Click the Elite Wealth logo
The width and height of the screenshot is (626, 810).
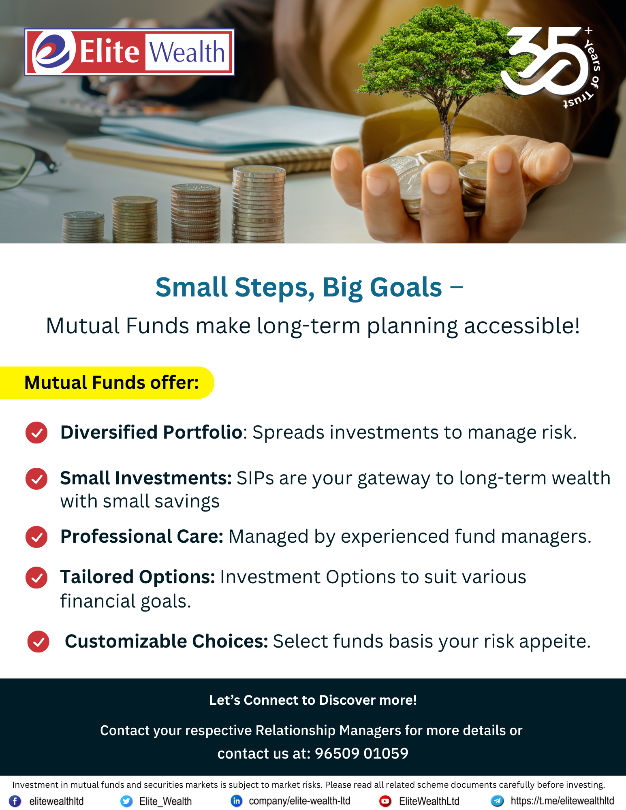coord(129,52)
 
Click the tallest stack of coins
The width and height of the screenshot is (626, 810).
coord(259,205)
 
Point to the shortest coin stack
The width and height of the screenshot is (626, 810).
coord(83,227)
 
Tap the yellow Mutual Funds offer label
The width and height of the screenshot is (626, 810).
coord(107,383)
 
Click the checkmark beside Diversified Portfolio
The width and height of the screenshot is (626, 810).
coord(36,433)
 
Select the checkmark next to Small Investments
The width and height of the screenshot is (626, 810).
coord(36,479)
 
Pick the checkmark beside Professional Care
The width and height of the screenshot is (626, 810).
coord(36,537)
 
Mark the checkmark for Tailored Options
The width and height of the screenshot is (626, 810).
coord(36,578)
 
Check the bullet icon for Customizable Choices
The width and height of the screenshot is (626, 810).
coord(38,642)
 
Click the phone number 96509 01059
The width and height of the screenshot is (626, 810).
coord(361,753)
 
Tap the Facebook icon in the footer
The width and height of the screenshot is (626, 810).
coord(15,801)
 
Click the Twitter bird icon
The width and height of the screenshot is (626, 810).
coord(126,801)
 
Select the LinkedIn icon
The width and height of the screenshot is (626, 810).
coord(236,801)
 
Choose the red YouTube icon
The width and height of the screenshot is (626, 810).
coord(385,801)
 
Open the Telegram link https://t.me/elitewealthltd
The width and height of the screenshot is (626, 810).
coord(562,801)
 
